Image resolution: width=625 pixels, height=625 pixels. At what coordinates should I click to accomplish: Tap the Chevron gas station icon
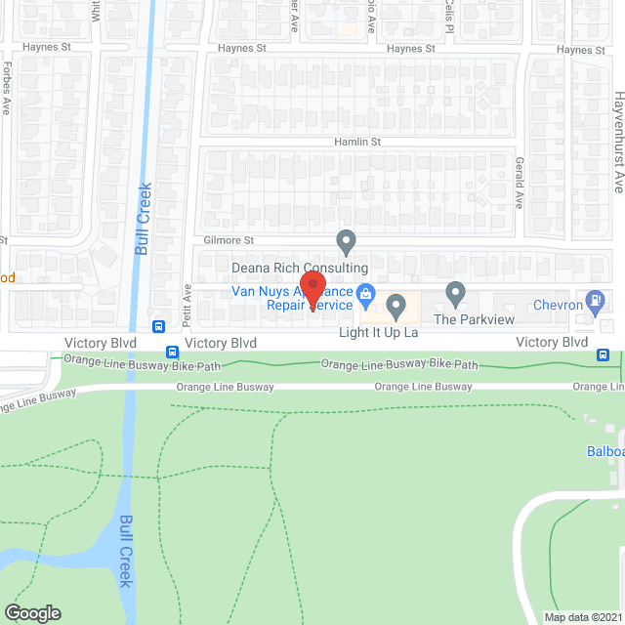click(x=595, y=302)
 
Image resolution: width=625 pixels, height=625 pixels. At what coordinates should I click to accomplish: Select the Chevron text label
click(x=558, y=306)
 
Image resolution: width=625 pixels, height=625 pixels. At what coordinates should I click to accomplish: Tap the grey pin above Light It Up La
click(x=396, y=307)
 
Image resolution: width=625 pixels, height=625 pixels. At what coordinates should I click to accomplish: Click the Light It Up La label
click(x=378, y=333)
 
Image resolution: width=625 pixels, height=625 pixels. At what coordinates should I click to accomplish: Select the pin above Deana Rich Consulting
click(x=345, y=239)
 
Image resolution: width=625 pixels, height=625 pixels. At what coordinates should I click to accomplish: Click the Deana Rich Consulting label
click(x=299, y=268)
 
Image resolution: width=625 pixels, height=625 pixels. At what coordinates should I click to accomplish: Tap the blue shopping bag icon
click(x=366, y=292)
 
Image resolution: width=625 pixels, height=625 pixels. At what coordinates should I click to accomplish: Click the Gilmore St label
click(x=229, y=240)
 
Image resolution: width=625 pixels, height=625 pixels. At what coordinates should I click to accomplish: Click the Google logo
click(x=32, y=612)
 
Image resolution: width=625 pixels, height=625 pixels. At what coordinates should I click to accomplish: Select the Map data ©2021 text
click(x=582, y=617)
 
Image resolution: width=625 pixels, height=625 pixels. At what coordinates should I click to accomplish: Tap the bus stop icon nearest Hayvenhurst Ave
click(x=605, y=355)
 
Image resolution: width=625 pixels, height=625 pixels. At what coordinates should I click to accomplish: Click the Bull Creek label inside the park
click(x=125, y=552)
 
